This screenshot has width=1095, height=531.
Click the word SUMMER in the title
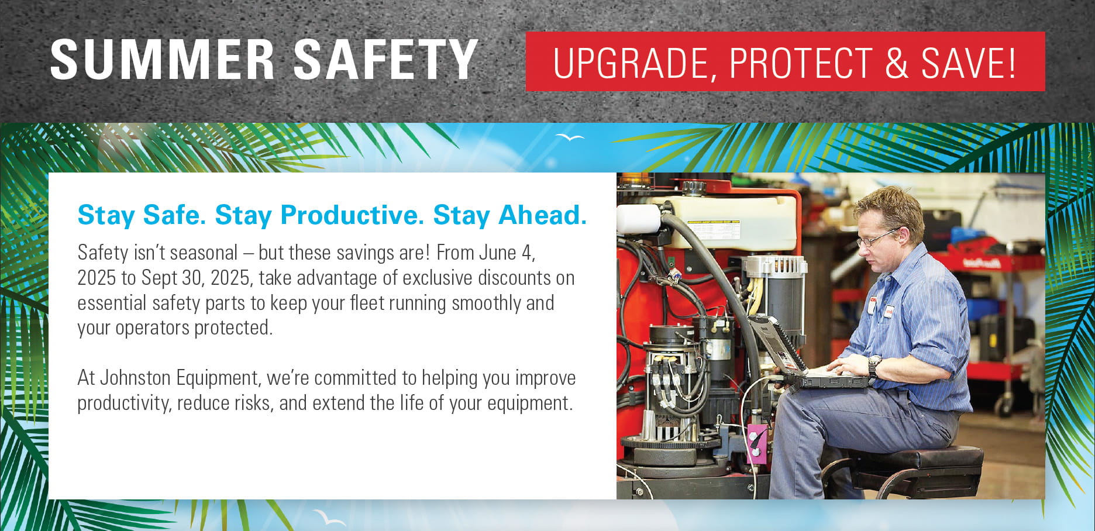[162, 60]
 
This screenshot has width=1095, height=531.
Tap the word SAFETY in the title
[385, 60]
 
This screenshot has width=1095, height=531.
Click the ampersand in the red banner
[897, 63]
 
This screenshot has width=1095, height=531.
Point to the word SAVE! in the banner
[969, 63]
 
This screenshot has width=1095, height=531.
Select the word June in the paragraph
[497, 253]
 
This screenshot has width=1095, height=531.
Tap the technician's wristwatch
[874, 364]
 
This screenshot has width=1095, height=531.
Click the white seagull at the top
[570, 137]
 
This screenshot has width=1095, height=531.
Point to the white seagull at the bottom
[329, 518]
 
